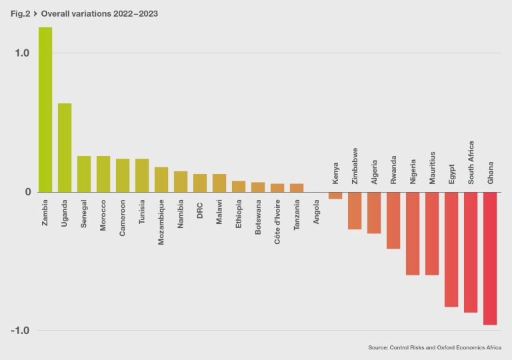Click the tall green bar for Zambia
[x=45, y=110]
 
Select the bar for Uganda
[x=65, y=147]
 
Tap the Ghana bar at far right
[x=490, y=258]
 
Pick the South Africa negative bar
[x=471, y=252]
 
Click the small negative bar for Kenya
[x=335, y=195]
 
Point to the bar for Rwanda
[x=393, y=220]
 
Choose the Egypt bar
[x=451, y=249]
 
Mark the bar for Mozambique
[x=161, y=179]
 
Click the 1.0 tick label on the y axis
[x=23, y=53]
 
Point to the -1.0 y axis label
[x=21, y=331]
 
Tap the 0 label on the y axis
[x=27, y=192]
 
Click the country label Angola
[x=316, y=211]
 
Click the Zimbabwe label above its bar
[x=355, y=166]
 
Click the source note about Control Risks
[x=435, y=347]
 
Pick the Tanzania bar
[x=297, y=188]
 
